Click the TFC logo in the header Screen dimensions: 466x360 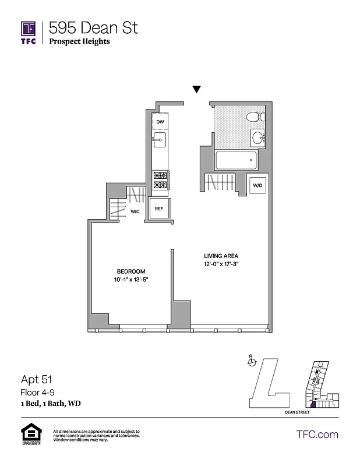pyautogui.click(x=29, y=33)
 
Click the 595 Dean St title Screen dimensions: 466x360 pyautogui.click(x=93, y=27)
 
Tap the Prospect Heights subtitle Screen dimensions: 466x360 pyautogui.click(x=79, y=41)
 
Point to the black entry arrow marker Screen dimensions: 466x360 pyautogui.click(x=197, y=89)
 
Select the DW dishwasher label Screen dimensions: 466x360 pyautogui.click(x=160, y=121)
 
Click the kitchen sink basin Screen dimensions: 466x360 pyautogui.click(x=160, y=139)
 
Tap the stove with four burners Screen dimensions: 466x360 pyautogui.click(x=160, y=180)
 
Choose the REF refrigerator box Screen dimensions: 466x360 pyautogui.click(x=159, y=207)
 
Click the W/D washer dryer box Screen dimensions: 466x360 pyautogui.click(x=256, y=186)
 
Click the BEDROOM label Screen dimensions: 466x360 pyautogui.click(x=131, y=271)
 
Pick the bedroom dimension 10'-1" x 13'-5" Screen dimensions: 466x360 pyautogui.click(x=131, y=280)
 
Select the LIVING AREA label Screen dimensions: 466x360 pyautogui.click(x=221, y=256)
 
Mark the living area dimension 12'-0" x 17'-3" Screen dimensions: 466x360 pyautogui.click(x=221, y=264)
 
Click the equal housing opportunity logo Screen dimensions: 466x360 pyautogui.click(x=29, y=434)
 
